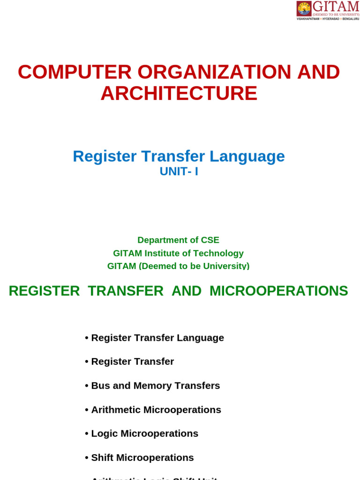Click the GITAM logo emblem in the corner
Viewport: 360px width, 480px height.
tap(304, 8)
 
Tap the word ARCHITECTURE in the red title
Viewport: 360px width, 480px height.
tap(179, 93)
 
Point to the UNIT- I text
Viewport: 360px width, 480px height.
tap(179, 172)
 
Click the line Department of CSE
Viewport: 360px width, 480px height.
tap(178, 240)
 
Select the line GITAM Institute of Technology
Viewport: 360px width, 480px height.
tap(178, 253)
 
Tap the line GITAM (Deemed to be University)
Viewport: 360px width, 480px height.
tap(178, 266)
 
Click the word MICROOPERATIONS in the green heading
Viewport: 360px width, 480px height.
tap(278, 291)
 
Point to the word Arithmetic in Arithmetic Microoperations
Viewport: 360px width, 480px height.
tap(116, 410)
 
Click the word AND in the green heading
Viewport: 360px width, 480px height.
tap(187, 291)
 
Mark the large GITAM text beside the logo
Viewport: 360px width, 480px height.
tap(336, 7)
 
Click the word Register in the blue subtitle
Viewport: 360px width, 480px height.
tap(105, 156)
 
